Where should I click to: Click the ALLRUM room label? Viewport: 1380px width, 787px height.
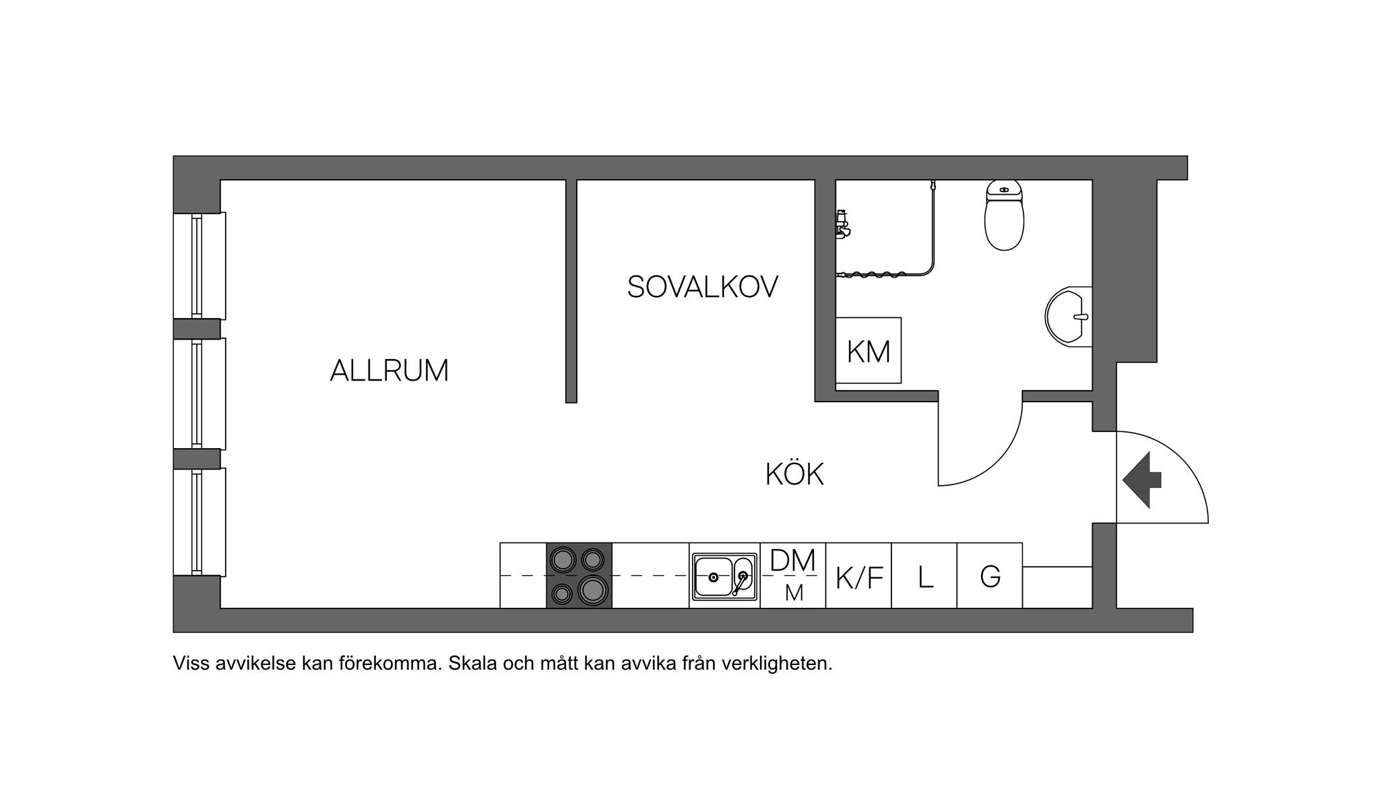tap(389, 371)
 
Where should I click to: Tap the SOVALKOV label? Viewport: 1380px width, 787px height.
tap(703, 287)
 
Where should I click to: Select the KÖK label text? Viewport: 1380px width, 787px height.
tap(794, 474)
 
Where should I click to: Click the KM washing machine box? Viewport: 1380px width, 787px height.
tap(869, 350)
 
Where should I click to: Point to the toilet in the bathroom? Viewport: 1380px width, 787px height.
tap(1004, 215)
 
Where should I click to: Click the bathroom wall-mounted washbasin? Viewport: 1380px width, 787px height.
tap(1069, 317)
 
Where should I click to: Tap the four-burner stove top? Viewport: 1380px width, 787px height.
tap(579, 575)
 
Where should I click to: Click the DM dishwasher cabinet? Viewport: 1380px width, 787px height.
tap(793, 575)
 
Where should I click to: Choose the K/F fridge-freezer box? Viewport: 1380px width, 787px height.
tap(858, 575)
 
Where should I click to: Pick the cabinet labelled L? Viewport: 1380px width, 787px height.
tap(924, 575)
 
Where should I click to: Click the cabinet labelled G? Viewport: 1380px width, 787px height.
tap(990, 575)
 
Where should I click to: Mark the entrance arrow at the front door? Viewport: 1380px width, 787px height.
tap(1142, 480)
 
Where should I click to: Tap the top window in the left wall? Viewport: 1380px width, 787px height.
tap(199, 265)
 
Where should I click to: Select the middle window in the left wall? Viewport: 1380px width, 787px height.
tap(199, 393)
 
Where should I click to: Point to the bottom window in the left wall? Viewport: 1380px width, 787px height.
tap(199, 522)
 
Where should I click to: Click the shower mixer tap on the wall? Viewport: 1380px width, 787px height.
tap(842, 224)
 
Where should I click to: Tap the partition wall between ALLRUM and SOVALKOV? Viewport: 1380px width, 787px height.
tap(571, 291)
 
